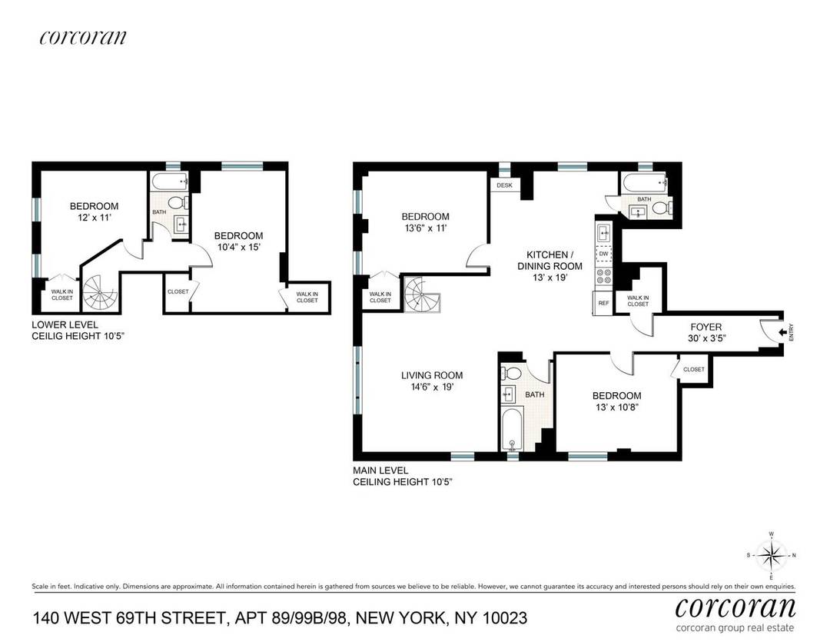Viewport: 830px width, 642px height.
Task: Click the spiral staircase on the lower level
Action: click(x=98, y=291)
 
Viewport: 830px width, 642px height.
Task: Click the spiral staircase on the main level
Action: click(x=421, y=292)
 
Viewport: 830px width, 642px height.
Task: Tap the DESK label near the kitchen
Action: click(x=504, y=185)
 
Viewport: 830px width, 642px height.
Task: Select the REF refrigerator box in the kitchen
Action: click(x=603, y=303)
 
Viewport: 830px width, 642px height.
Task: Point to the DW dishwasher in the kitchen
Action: click(x=603, y=254)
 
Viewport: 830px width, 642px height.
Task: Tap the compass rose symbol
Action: click(x=772, y=554)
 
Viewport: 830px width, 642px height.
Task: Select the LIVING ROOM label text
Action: click(x=432, y=381)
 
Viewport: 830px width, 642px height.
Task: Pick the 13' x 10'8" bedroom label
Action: click(x=616, y=402)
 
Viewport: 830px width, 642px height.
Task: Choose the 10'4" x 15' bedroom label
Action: click(x=238, y=241)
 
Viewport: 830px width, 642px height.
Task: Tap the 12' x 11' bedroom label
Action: click(x=94, y=211)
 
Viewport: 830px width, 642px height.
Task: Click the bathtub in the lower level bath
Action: click(x=168, y=182)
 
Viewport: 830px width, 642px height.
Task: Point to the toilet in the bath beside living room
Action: click(x=510, y=374)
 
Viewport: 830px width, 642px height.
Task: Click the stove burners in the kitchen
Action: click(x=603, y=277)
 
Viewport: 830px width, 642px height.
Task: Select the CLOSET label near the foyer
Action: click(x=693, y=369)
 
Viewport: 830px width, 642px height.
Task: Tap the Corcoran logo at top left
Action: click(x=82, y=37)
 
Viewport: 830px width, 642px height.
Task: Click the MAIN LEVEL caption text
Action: click(x=380, y=470)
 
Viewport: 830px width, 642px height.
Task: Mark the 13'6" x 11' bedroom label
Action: click(x=424, y=222)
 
